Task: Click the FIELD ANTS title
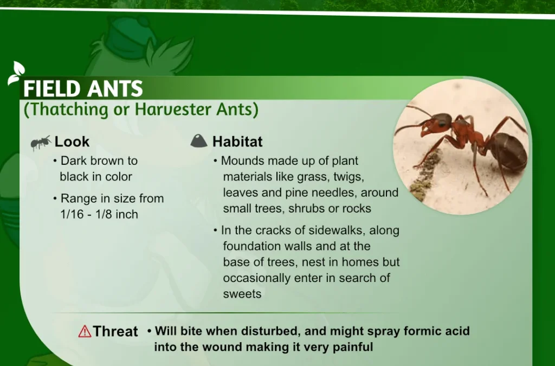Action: pyautogui.click(x=83, y=88)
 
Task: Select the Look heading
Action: pyautogui.click(x=72, y=142)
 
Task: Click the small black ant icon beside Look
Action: pyautogui.click(x=41, y=143)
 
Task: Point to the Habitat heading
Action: pyautogui.click(x=237, y=142)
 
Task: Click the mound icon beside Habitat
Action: pyautogui.click(x=199, y=141)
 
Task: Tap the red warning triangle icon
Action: pyautogui.click(x=85, y=331)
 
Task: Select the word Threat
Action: pyautogui.click(x=115, y=331)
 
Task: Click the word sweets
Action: pyautogui.click(x=242, y=294)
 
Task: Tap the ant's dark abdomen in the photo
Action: pyautogui.click(x=508, y=151)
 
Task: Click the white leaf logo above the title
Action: pyautogui.click(x=16, y=73)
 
